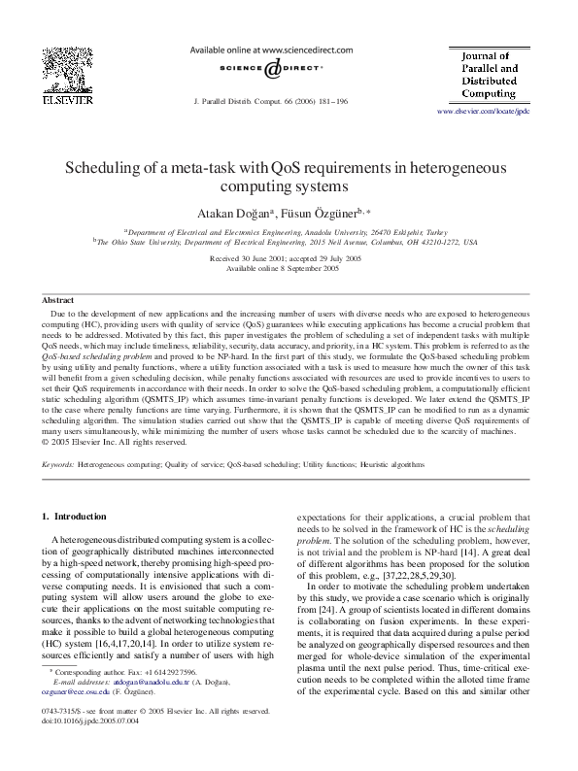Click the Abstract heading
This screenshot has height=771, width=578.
click(x=58, y=301)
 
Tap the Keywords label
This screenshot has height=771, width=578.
click(x=58, y=465)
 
